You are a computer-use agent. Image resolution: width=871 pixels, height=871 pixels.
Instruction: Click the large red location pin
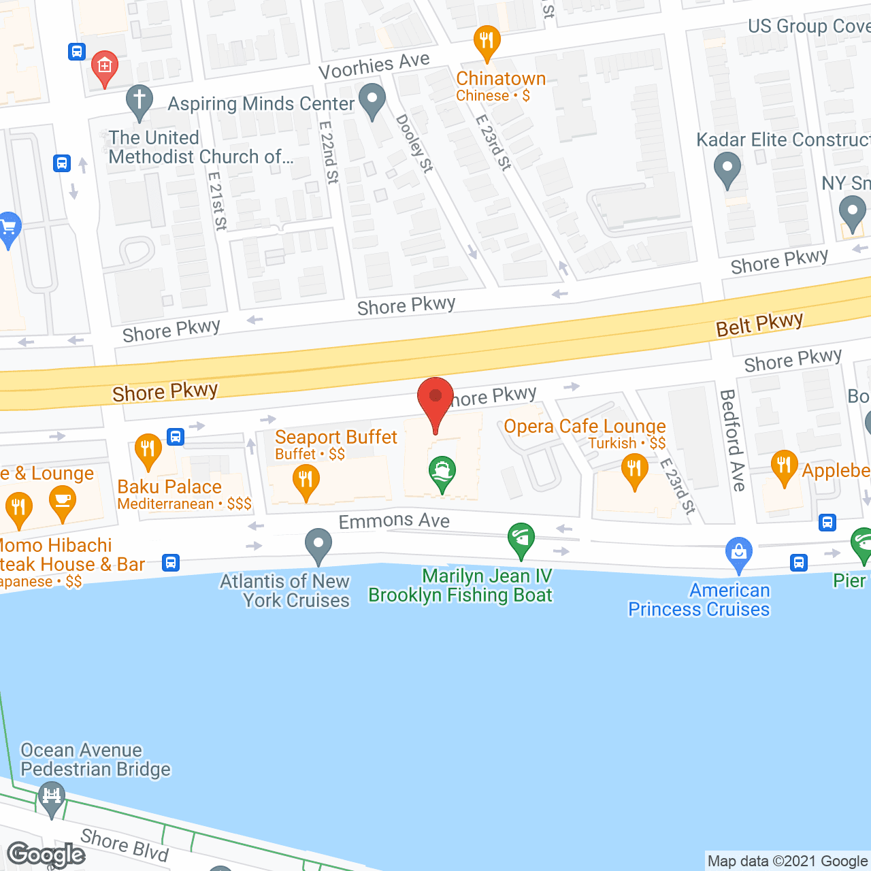point(435,398)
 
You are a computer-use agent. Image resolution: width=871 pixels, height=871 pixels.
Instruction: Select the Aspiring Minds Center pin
point(372,101)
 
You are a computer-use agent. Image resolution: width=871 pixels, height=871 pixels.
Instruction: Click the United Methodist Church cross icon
point(139,101)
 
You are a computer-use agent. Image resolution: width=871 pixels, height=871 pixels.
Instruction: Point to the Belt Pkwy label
point(759,325)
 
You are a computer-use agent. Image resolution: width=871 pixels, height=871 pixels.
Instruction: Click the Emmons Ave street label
point(394,521)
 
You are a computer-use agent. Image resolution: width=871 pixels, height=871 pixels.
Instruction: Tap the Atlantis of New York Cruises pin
point(318,545)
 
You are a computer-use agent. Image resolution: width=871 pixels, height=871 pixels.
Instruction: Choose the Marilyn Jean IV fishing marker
point(521,539)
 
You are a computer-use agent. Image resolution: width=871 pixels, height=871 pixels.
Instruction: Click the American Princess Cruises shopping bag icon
point(738,554)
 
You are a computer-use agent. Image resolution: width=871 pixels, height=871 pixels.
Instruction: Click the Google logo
point(46,855)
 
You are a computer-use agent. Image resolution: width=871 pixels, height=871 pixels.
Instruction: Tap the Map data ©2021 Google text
point(787,861)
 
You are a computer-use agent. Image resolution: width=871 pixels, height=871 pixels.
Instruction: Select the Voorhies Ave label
point(374,66)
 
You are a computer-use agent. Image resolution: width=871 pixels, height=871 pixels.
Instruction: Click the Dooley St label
point(414,144)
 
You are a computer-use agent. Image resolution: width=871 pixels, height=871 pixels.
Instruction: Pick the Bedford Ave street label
point(732,440)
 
